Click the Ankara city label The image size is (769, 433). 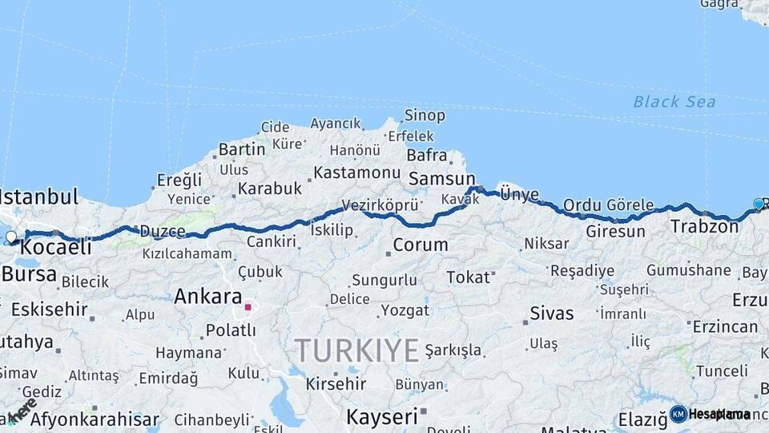pos(207,296)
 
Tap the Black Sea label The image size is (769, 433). pos(674,102)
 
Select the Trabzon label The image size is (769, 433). pos(704,227)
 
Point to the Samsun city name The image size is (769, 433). pos(441,179)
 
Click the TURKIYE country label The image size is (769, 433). pos(357,350)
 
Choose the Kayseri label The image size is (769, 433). pos(383,416)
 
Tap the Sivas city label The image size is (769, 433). pos(552,313)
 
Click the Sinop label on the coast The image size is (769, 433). pos(425,115)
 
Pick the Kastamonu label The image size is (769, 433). pos(356,172)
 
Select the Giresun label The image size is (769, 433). pos(615,232)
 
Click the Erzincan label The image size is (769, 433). pos(725,326)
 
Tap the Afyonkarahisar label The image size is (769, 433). pos(84,419)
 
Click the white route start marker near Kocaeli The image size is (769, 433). pos(10,237)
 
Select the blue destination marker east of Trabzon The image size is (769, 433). pos(759,204)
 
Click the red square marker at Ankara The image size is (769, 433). pos(248,306)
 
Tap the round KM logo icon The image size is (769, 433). pos(678,414)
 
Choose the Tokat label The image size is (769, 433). pos(468,277)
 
